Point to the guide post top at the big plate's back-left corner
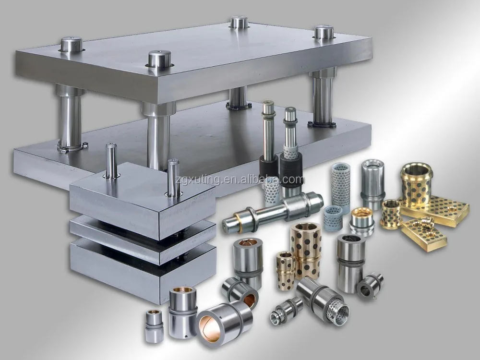pos(71,45)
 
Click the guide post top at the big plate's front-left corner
pos(159,59)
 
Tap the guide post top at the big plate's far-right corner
pos(324,32)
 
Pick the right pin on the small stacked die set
pos(173,178)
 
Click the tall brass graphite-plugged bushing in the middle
pos(306,250)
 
